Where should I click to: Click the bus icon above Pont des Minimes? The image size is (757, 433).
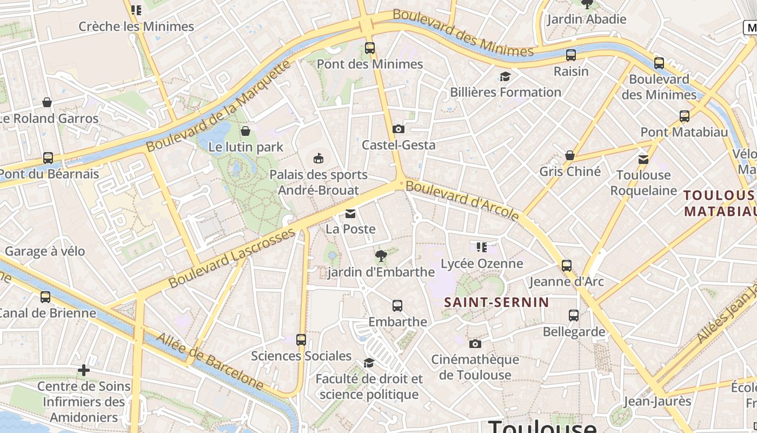point(370,48)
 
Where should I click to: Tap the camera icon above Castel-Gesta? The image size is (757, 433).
point(399,129)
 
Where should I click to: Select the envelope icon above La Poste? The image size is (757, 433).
point(350,213)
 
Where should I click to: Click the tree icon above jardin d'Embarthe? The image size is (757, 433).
point(381,256)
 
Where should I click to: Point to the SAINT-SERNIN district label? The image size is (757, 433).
point(496,302)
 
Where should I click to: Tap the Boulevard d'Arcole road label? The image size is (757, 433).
point(462,201)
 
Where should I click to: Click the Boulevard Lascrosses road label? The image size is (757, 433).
point(233,258)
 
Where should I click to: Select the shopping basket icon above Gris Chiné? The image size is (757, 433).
point(569,156)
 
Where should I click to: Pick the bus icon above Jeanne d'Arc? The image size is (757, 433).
point(566,266)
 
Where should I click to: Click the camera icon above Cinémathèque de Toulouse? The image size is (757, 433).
point(475,344)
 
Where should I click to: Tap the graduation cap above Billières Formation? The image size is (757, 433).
point(505,76)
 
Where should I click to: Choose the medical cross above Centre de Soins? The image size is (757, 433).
point(84,370)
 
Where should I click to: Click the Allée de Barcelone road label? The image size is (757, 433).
point(210,362)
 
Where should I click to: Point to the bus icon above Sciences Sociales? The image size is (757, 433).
point(301,340)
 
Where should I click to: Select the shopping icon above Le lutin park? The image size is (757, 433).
point(245,131)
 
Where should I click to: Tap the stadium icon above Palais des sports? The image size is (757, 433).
point(318,159)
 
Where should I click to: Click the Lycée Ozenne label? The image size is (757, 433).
point(482,264)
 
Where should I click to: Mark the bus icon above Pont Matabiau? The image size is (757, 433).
point(684,116)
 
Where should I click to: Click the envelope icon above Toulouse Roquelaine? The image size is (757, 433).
point(643,159)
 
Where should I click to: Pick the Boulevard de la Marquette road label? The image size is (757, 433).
point(219,106)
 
